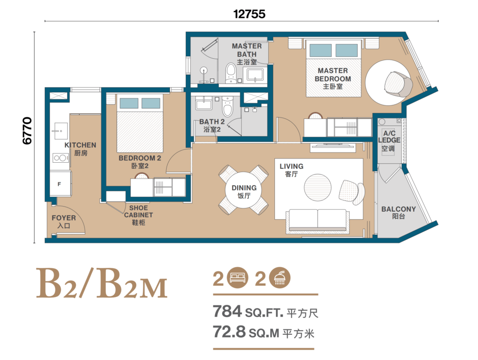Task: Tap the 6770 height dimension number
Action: (x=27, y=130)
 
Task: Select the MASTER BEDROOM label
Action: (x=332, y=78)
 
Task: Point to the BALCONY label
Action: (x=398, y=213)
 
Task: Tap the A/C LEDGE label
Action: (x=389, y=140)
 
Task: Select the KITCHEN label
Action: (x=80, y=149)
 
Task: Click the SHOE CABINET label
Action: (x=138, y=215)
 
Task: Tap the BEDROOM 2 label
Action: (x=140, y=161)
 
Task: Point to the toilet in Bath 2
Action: (x=227, y=107)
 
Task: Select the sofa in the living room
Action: (x=317, y=220)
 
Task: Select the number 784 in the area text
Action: (x=227, y=311)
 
